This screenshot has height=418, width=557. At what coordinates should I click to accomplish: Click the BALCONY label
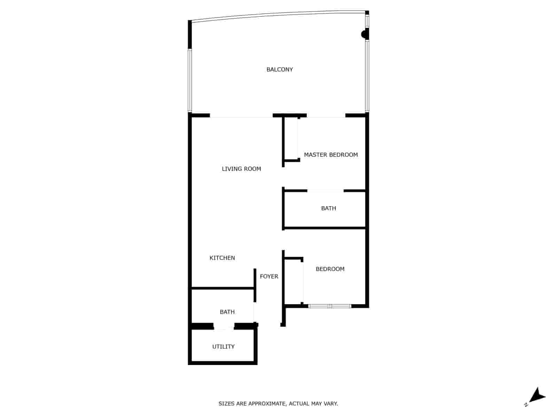pyautogui.click(x=280, y=69)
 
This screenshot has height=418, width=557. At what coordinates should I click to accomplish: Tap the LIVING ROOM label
pyautogui.click(x=241, y=169)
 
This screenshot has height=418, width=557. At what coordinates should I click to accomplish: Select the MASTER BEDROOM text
pyautogui.click(x=331, y=155)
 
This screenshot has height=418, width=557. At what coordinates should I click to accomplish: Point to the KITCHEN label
pyautogui.click(x=222, y=258)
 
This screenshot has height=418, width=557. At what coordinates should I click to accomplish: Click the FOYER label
pyautogui.click(x=269, y=277)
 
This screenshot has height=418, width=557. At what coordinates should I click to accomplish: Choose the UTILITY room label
pyautogui.click(x=223, y=347)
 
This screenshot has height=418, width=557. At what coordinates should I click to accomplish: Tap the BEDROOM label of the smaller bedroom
pyautogui.click(x=330, y=269)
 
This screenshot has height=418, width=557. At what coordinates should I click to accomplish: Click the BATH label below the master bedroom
pyautogui.click(x=328, y=208)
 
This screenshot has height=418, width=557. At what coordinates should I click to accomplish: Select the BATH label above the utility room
pyautogui.click(x=227, y=312)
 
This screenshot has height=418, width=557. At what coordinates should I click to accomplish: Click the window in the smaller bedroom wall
pyautogui.click(x=330, y=306)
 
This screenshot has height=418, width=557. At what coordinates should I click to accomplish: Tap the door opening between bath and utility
pyautogui.click(x=223, y=326)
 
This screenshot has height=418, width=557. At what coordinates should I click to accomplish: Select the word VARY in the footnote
pyautogui.click(x=331, y=404)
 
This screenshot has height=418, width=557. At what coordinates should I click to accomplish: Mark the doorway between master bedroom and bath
pyautogui.click(x=325, y=191)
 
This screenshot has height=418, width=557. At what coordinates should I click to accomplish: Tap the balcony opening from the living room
pyautogui.click(x=241, y=116)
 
